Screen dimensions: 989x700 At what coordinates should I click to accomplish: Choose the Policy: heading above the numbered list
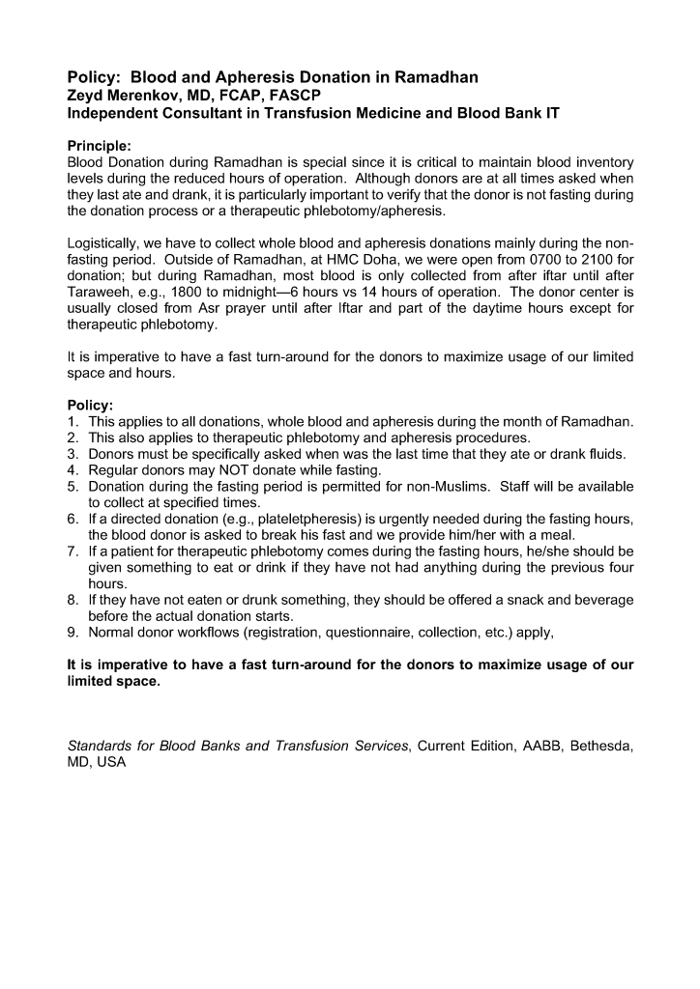(x=90, y=406)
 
